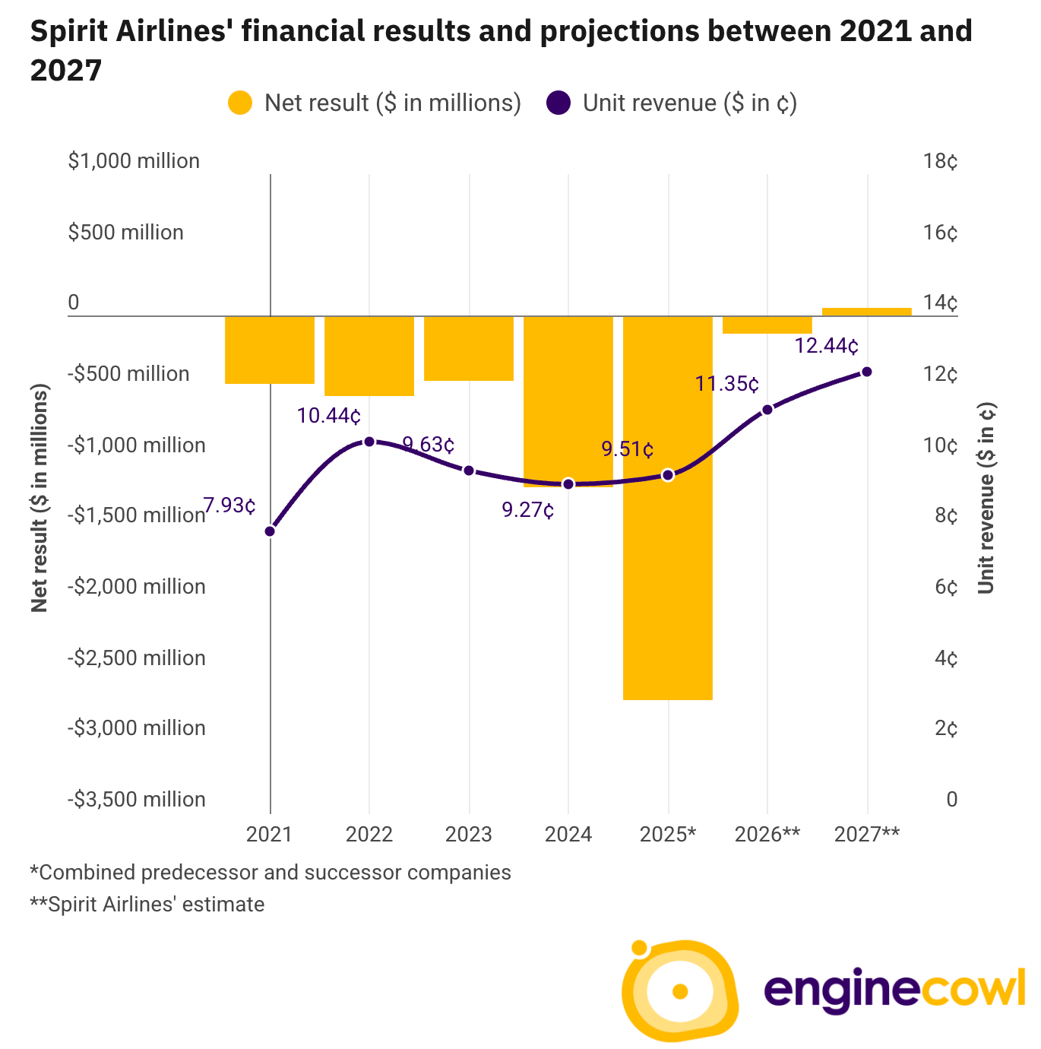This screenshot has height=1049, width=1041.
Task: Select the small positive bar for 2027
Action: (x=866, y=312)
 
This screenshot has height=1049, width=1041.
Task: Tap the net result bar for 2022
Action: (x=369, y=356)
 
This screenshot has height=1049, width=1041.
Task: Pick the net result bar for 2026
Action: (x=767, y=325)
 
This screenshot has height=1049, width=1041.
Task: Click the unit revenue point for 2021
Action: (x=270, y=531)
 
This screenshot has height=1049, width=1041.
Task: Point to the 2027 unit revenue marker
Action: (x=867, y=372)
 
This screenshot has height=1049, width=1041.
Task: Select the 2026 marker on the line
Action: (x=767, y=410)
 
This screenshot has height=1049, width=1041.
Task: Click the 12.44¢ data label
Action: (x=827, y=346)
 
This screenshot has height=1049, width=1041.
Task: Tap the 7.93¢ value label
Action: (x=229, y=505)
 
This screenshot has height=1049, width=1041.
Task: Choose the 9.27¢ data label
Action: (x=528, y=510)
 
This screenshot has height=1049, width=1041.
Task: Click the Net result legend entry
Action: (x=375, y=103)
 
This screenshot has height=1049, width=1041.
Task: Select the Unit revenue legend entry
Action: (x=672, y=103)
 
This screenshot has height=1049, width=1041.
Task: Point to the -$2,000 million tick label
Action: (x=137, y=587)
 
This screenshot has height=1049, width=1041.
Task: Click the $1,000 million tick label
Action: (x=134, y=161)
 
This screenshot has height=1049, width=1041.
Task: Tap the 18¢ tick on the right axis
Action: (x=940, y=161)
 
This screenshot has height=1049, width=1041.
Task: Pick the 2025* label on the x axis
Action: (x=668, y=835)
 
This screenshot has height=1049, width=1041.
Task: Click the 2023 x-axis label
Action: (x=469, y=835)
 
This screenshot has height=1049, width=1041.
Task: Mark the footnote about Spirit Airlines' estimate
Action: (x=147, y=905)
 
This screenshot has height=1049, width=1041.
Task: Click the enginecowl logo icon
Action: (x=679, y=990)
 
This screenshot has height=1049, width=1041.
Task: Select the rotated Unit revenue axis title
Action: (x=986, y=498)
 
